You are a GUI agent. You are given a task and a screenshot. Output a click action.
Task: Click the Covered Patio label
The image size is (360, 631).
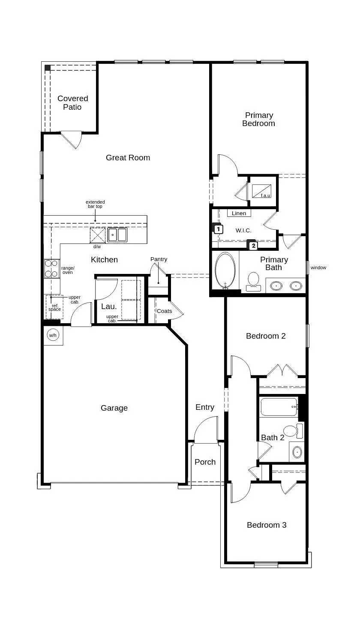[x=72, y=103]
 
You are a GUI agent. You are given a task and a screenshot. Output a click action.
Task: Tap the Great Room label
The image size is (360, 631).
[x=128, y=158]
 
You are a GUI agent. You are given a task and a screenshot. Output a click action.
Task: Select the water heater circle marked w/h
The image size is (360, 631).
[x=53, y=335]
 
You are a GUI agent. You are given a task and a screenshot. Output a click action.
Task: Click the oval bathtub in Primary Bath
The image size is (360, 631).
[x=225, y=270]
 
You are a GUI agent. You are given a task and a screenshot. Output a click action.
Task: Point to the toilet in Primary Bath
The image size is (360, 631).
[x=254, y=281]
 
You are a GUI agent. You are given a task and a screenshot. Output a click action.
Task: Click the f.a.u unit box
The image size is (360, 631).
[x=263, y=190]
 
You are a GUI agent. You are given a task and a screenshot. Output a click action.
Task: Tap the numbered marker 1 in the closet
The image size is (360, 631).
[x=218, y=229]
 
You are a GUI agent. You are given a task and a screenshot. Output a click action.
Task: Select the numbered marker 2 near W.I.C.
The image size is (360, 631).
[x=253, y=246]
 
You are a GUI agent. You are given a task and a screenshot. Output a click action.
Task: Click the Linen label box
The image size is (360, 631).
[x=239, y=213]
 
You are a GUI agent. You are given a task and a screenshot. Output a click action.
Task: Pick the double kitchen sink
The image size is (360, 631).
[x=117, y=235]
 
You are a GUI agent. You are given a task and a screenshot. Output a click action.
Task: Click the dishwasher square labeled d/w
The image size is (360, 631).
[x=97, y=235]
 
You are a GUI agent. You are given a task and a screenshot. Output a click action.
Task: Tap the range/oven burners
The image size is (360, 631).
[x=51, y=269]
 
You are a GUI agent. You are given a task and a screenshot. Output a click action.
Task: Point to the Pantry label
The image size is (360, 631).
[x=159, y=259]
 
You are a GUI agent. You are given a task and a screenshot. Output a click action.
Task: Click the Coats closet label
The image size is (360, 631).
[x=164, y=311]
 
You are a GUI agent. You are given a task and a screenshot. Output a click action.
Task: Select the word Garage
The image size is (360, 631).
[x=114, y=408]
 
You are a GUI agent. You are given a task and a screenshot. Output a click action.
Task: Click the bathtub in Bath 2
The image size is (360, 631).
[x=279, y=407]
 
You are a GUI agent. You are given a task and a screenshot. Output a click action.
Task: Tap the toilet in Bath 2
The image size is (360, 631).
[x=292, y=430]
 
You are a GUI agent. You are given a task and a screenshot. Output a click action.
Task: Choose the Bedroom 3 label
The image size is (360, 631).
[x=267, y=525]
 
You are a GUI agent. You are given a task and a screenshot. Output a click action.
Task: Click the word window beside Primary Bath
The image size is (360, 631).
[x=318, y=267]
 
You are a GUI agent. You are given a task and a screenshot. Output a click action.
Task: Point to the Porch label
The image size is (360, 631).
[x=205, y=462]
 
